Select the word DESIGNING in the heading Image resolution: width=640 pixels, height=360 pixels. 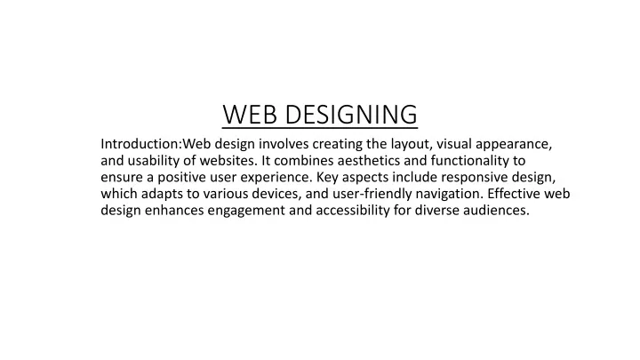[351, 115]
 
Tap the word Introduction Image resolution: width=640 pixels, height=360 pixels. [140, 144]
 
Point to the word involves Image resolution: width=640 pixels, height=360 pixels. [284, 144]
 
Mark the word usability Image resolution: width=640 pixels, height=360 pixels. [154, 161]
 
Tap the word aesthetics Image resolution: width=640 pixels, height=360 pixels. [369, 160]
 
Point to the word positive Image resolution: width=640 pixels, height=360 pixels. [181, 178]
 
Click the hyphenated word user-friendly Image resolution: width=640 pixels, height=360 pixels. [372, 195]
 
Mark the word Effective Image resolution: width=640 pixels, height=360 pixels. [514, 194]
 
